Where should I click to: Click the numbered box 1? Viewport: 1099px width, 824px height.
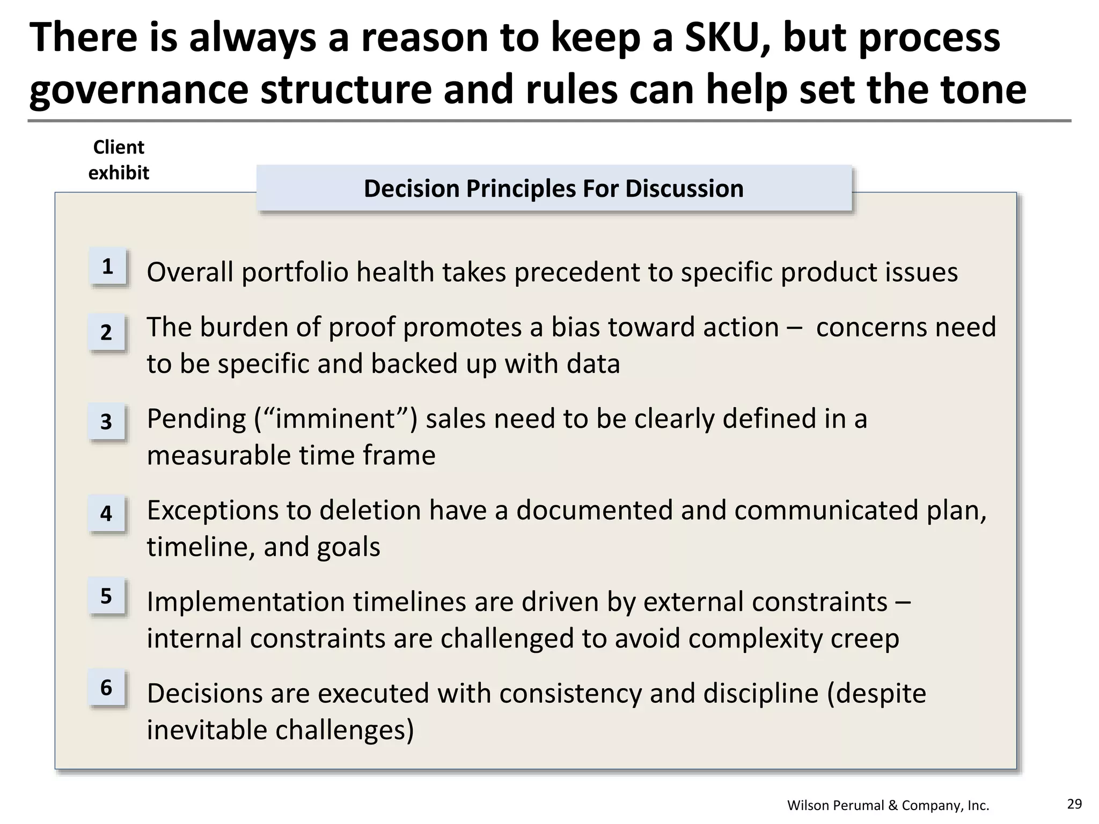coord(107,267)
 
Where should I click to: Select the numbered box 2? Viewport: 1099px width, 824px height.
coord(107,333)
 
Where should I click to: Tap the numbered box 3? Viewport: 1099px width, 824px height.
coord(107,422)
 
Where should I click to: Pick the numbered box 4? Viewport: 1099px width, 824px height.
coord(107,514)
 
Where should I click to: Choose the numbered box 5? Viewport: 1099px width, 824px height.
coord(107,596)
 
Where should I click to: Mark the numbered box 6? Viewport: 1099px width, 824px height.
coord(107,688)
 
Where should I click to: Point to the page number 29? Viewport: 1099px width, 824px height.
coord(1074,804)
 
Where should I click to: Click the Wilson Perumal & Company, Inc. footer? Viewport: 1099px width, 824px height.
coord(888,805)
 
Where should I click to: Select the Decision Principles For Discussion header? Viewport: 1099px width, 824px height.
coord(554,189)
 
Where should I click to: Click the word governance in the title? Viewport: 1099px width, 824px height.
coord(139,90)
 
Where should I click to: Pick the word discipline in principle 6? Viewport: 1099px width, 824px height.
coord(760,693)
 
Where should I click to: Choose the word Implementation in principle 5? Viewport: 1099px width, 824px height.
coord(245,602)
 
